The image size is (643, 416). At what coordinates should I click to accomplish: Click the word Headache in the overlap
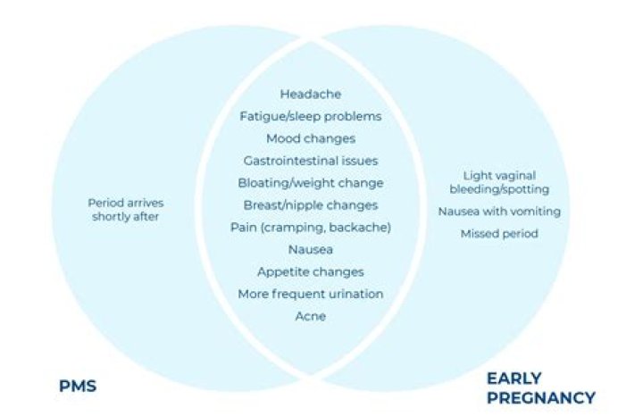point(310,94)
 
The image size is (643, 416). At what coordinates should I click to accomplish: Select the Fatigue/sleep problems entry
point(310,116)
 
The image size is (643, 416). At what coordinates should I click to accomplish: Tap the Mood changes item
point(310,138)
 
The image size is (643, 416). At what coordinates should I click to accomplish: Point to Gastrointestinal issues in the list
point(310,161)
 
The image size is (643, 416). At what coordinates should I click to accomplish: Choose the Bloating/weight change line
point(310,183)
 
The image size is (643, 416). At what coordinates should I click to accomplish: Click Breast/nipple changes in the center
point(310,205)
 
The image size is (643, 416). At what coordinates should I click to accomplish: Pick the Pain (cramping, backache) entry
point(310,228)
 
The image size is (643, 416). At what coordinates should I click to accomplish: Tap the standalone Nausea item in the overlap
point(310,250)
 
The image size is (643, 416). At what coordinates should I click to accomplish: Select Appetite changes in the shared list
point(310,271)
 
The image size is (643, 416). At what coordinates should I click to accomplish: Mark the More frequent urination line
point(310,294)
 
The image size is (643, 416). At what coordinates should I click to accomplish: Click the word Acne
point(310,316)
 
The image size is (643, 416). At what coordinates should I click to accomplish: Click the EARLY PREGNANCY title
point(540,387)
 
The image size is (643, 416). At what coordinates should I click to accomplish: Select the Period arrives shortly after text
point(125,210)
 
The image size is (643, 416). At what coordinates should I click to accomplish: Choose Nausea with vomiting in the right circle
point(499,212)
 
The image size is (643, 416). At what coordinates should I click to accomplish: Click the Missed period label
point(499,234)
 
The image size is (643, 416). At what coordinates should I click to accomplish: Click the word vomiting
point(535,212)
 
